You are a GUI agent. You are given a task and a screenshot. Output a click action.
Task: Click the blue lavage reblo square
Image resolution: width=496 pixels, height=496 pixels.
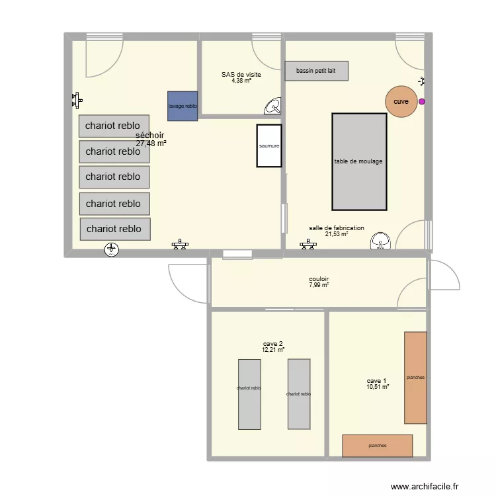[x=183, y=106]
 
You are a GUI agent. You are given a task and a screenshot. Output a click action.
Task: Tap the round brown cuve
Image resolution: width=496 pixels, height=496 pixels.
[x=401, y=101]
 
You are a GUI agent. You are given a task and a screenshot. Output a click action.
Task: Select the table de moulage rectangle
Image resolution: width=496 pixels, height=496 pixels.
[x=358, y=161]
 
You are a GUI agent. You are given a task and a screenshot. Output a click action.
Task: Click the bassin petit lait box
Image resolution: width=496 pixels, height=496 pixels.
[x=316, y=71]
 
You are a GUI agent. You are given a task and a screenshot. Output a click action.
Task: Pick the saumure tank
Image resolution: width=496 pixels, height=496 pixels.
[x=269, y=145]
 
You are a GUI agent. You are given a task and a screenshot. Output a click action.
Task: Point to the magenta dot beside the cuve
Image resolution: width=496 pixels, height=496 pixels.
[x=422, y=102]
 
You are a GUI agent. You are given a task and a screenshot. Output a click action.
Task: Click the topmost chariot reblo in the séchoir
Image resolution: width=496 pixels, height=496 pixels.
[x=113, y=126]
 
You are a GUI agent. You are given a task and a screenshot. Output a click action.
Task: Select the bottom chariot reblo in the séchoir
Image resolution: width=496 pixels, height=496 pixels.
[x=114, y=229]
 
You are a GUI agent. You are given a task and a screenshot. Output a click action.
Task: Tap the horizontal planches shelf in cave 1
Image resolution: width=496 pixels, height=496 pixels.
[x=377, y=446]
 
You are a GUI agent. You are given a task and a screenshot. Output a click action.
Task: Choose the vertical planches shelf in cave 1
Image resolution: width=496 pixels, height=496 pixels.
[x=415, y=378]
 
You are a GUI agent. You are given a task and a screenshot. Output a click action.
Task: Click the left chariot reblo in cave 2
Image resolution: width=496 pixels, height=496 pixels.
[x=249, y=394]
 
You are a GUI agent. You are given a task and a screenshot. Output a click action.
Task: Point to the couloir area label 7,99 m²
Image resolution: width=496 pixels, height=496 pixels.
[x=319, y=285]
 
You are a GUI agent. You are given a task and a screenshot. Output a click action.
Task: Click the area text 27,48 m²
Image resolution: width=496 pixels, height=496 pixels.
[x=151, y=143]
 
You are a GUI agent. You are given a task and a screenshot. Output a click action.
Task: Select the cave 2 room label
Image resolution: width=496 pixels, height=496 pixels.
[x=273, y=343]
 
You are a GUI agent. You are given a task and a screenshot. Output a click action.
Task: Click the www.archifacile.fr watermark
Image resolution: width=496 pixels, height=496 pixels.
[x=424, y=486]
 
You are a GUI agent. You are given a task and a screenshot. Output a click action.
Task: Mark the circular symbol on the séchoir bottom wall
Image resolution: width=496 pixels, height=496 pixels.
[x=112, y=249]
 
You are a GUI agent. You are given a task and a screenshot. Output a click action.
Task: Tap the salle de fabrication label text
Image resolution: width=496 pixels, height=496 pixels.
[x=336, y=228]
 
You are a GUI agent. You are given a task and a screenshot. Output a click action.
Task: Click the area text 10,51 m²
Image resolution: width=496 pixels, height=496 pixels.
[x=378, y=387]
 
